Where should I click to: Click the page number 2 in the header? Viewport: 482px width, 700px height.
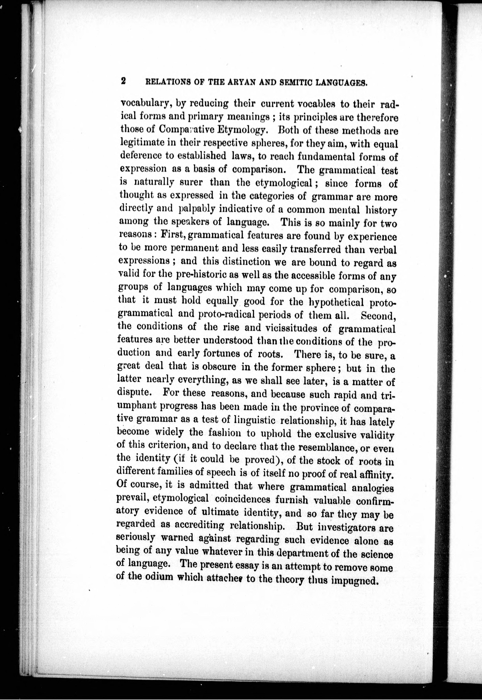pyautogui.click(x=123, y=81)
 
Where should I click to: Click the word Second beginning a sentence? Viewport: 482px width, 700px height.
pyautogui.click(x=378, y=315)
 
